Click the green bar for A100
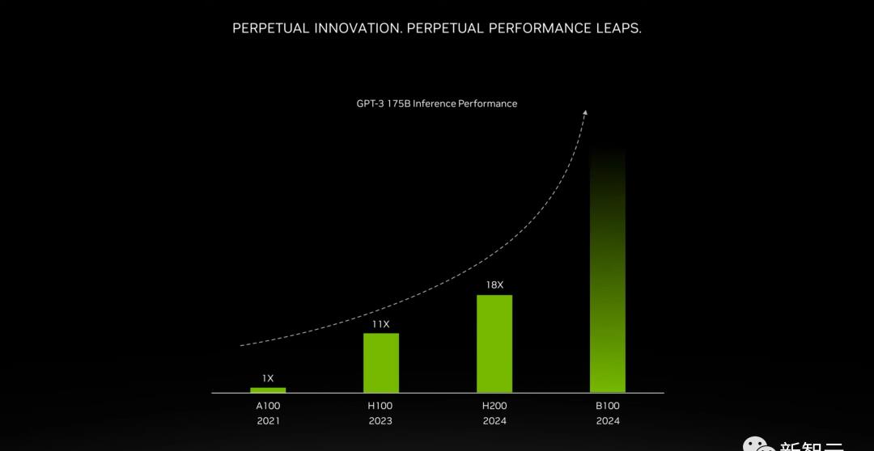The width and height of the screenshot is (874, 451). [x=268, y=390]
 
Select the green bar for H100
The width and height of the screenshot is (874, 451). [x=380, y=363]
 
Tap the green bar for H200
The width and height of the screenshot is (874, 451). [x=494, y=344]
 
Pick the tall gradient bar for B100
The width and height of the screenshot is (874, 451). [x=607, y=275]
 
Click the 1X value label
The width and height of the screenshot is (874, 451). [x=268, y=377]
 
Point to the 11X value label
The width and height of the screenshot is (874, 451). [x=380, y=324]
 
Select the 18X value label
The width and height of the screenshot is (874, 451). [x=494, y=285]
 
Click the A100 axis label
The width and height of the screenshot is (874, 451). [x=268, y=406]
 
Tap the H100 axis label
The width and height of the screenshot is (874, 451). [x=380, y=406]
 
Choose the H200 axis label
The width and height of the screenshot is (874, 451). [x=494, y=406]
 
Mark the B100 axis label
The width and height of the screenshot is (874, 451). [x=607, y=406]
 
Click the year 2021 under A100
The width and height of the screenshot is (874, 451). [x=268, y=420]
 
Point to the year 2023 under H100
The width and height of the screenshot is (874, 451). [x=380, y=420]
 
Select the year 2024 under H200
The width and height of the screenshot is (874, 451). [x=494, y=420]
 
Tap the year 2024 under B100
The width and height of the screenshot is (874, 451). [x=607, y=420]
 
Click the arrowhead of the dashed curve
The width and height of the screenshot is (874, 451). [x=585, y=113]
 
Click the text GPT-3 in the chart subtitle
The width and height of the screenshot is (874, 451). [x=371, y=103]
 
